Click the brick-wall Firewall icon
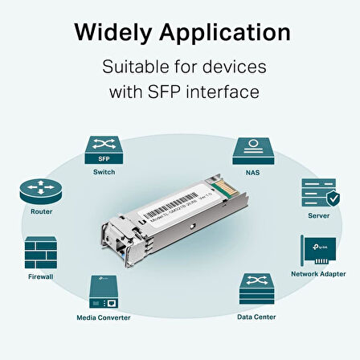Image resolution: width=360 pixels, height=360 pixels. pos(40,252)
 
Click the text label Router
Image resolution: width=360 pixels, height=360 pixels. pos(41,212)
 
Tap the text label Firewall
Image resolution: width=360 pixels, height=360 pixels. pos(40,276)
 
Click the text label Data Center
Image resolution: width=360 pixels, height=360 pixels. pos(255,317)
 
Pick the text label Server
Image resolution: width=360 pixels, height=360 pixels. pos(317,216)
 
